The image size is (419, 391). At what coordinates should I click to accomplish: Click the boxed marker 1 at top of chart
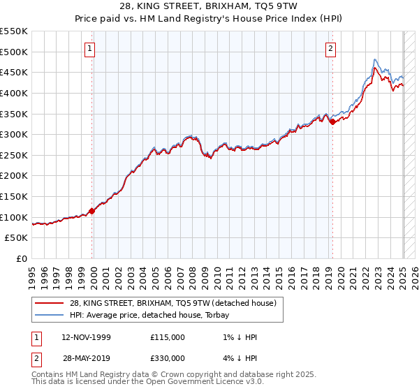click(91, 49)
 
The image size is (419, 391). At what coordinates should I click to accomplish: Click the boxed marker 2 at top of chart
click(330, 49)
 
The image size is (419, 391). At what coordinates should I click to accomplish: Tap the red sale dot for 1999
click(91, 210)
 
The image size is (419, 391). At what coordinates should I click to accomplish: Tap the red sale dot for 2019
click(332, 121)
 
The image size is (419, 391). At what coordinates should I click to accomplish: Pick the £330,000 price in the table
click(168, 358)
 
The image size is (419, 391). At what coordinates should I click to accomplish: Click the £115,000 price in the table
click(168, 337)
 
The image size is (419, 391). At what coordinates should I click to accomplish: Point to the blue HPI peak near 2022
click(375, 59)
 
